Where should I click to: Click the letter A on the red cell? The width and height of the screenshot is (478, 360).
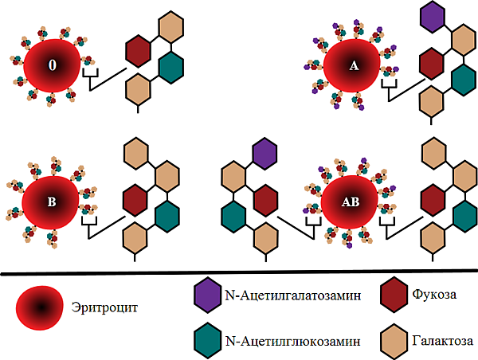[x=355, y=66]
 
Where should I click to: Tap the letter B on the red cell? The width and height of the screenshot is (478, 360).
[x=52, y=202]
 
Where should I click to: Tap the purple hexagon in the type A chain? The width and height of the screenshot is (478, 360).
[x=433, y=17]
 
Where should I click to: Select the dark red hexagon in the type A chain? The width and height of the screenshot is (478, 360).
[x=431, y=62]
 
